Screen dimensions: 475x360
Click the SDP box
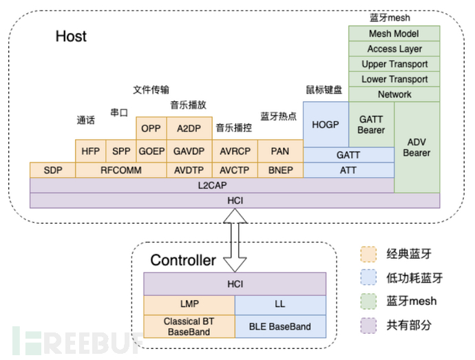[x=53, y=170]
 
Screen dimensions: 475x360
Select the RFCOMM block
[x=121, y=170]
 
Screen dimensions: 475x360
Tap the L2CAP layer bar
[x=212, y=185]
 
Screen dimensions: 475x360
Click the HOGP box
[x=326, y=125]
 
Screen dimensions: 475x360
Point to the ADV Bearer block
[x=417, y=147]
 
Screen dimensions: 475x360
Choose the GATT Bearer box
[x=372, y=125]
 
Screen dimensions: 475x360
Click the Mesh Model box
[x=394, y=33]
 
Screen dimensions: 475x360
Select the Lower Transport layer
[x=394, y=79]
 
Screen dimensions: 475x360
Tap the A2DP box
[x=189, y=128]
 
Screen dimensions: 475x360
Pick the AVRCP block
[x=235, y=151]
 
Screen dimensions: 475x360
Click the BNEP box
[x=280, y=170]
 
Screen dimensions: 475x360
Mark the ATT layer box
[x=348, y=170]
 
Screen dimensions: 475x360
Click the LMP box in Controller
[x=189, y=304]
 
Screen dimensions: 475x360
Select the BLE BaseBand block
[x=280, y=326]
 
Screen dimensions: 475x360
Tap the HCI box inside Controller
[x=235, y=284]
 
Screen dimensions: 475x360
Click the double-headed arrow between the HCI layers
[x=235, y=240]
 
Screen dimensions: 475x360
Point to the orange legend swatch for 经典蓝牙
[x=368, y=254]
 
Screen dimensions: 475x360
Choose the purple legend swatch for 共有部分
[x=368, y=326]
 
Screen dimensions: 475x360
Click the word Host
[x=71, y=36]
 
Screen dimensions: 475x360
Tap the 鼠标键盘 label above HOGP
[x=324, y=89]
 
